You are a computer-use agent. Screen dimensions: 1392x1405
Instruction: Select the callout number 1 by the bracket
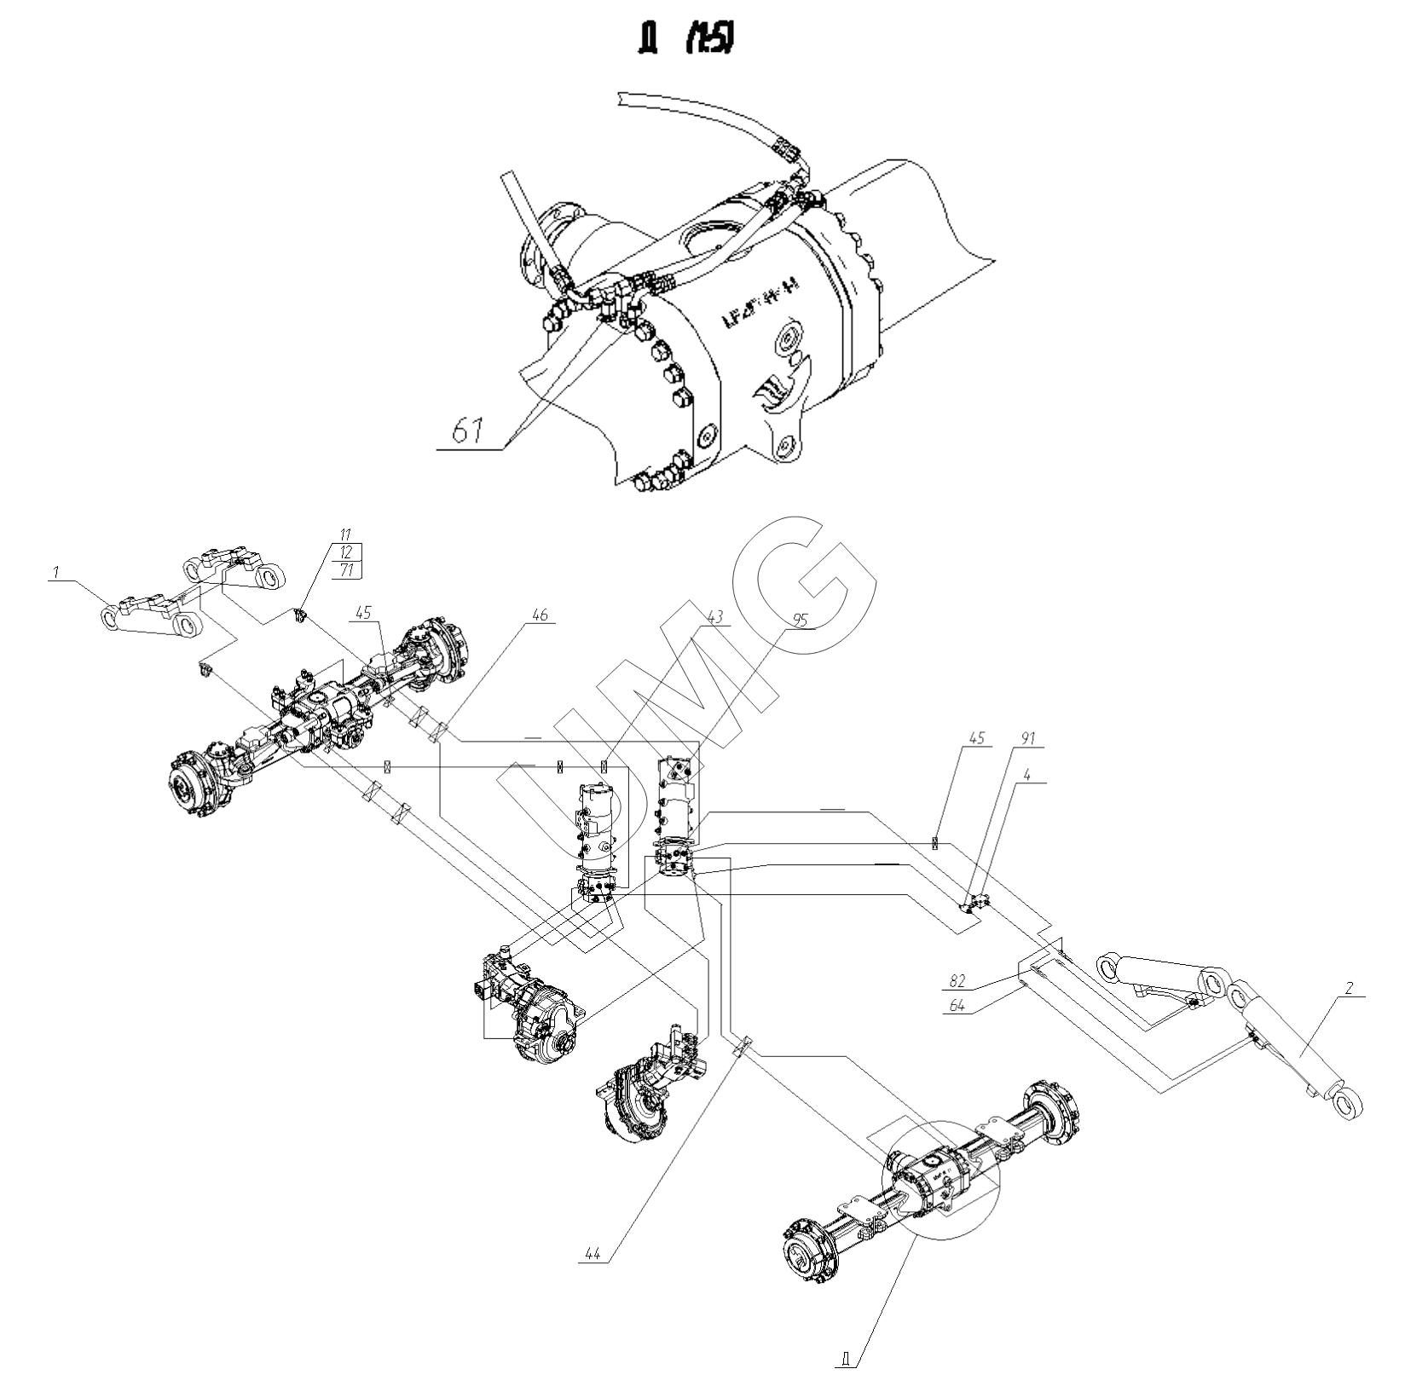55,574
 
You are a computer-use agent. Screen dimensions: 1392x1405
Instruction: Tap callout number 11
344,534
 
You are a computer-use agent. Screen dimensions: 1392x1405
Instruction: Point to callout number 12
344,552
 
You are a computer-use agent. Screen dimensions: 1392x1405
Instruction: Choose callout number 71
346,570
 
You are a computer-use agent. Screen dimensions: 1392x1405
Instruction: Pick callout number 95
800,620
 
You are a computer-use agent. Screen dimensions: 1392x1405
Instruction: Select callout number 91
1028,738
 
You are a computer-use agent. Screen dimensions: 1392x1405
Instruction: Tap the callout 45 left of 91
977,738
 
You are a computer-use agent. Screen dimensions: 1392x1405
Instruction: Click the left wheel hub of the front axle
191,785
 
